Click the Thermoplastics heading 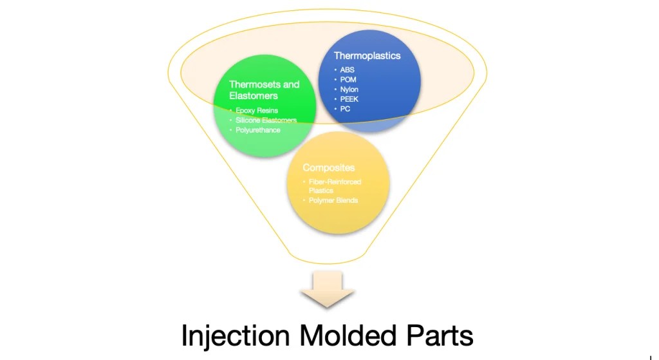(x=367, y=55)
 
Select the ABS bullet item (x=348, y=70)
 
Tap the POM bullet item (x=348, y=79)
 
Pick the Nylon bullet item (x=349, y=89)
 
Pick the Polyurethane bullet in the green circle (x=258, y=130)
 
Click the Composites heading (x=328, y=167)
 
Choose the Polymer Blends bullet (x=333, y=200)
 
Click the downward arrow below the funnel (x=327, y=289)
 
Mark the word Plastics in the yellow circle (x=321, y=191)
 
